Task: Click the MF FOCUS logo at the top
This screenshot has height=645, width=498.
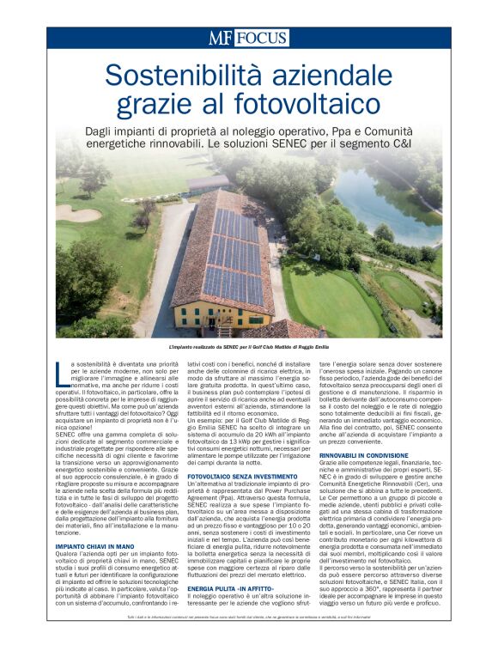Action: coord(247,38)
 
